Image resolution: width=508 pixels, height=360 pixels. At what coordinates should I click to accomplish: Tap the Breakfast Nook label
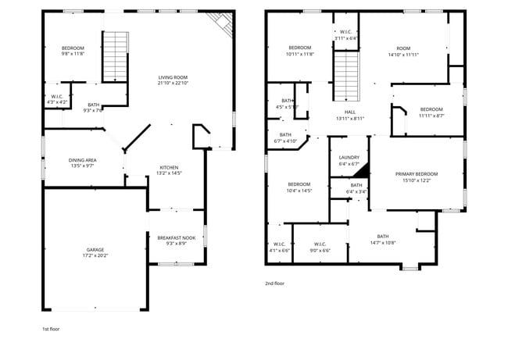click(176, 237)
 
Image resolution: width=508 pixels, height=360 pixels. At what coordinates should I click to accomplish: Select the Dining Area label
click(82, 160)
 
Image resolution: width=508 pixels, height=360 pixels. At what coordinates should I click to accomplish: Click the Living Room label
click(173, 77)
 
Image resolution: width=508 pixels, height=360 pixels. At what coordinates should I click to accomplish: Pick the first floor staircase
click(115, 56)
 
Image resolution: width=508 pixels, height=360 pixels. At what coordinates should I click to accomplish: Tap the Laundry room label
click(349, 157)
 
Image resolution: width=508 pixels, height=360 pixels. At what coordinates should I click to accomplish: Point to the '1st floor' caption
click(51, 329)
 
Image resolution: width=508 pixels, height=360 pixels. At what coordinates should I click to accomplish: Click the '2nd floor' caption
click(274, 283)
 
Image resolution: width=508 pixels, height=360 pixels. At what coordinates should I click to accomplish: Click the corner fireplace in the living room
click(224, 25)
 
